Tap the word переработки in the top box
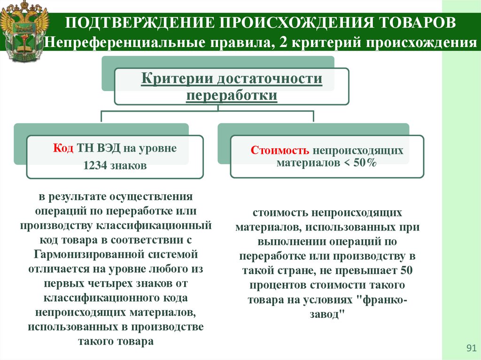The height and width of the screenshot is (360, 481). (232, 95)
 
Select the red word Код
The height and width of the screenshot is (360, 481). (63, 148)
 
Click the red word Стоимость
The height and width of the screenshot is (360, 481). (280, 151)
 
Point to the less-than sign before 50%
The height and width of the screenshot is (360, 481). (348, 163)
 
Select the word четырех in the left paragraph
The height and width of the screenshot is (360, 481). (105, 284)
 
